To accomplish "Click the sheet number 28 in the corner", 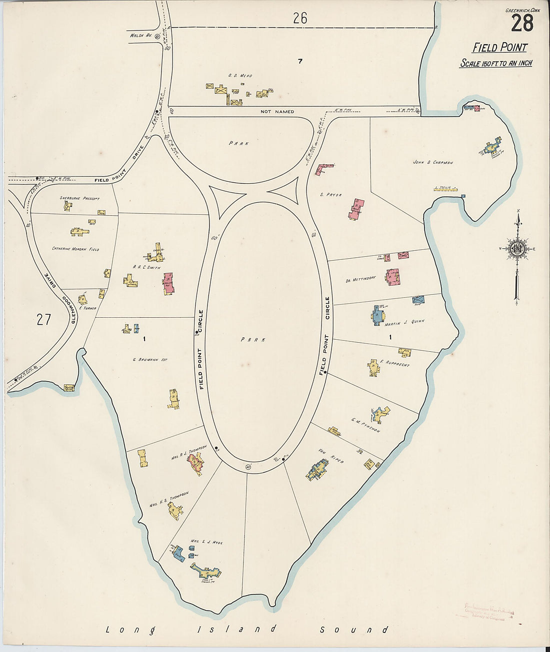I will coord(521,23).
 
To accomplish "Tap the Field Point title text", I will coord(499,48).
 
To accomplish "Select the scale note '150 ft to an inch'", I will coord(495,63).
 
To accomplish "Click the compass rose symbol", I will coord(518,248).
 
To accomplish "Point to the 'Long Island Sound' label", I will coord(247,630).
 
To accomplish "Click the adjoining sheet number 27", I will coord(44,319).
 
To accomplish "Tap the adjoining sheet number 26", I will coord(300,18).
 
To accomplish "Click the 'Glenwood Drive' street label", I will coord(53,294).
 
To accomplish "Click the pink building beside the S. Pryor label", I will coord(356,209).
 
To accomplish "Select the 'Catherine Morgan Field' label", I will coord(75,248).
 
